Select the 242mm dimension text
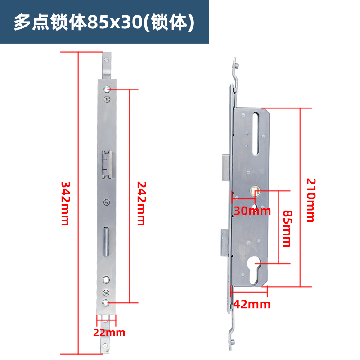click(x=141, y=203)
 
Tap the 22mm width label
click(x=109, y=333)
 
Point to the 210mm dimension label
click(x=310, y=200)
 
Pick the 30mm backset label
click(x=252, y=211)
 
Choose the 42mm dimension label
click(x=252, y=304)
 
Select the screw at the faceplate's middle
click(x=107, y=202)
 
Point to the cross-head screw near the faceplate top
click(x=107, y=99)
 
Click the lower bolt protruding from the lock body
click(x=225, y=241)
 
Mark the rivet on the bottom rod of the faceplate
click(x=107, y=346)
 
